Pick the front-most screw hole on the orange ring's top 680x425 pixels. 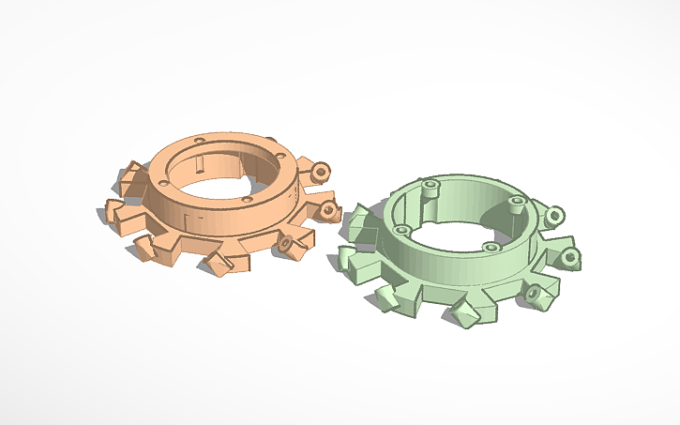(x=247, y=199)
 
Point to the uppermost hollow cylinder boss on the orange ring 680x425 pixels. (x=322, y=172)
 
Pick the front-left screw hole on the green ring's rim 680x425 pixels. (x=401, y=230)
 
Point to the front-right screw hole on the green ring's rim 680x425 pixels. (x=490, y=248)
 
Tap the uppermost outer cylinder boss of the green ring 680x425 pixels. (x=554, y=216)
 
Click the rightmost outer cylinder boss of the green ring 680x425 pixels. (x=570, y=256)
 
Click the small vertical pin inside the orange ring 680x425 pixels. (x=201, y=161)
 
